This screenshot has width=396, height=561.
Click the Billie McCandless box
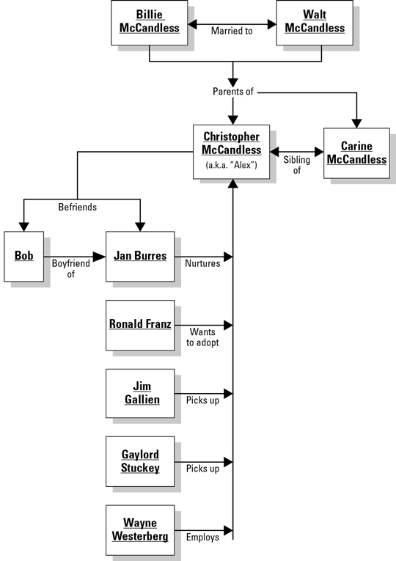click(x=149, y=23)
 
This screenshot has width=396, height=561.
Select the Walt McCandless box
click(x=315, y=23)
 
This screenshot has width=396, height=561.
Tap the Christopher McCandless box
click(x=232, y=152)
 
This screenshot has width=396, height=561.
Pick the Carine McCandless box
click(x=356, y=153)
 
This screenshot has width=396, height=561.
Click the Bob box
click(x=24, y=257)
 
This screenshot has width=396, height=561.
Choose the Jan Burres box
click(x=140, y=257)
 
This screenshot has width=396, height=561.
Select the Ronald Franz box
click(x=140, y=325)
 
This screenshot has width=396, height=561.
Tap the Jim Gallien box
click(x=140, y=394)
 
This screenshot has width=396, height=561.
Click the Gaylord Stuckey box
click(x=140, y=461)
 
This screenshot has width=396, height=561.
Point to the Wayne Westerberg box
click(x=140, y=530)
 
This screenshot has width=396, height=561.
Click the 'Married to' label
click(x=232, y=31)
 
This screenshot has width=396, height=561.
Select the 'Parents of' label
click(x=233, y=92)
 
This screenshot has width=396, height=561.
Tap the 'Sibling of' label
click(x=297, y=165)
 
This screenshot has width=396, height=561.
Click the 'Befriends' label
click(x=77, y=207)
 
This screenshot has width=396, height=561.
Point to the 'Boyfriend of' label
click(x=71, y=268)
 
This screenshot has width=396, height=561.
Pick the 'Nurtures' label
click(x=202, y=264)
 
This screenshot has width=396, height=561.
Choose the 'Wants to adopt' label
click(x=202, y=337)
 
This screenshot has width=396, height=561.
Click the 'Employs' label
click(x=202, y=537)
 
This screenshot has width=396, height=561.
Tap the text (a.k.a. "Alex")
click(x=232, y=165)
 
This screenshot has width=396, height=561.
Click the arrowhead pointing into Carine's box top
click(x=356, y=123)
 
